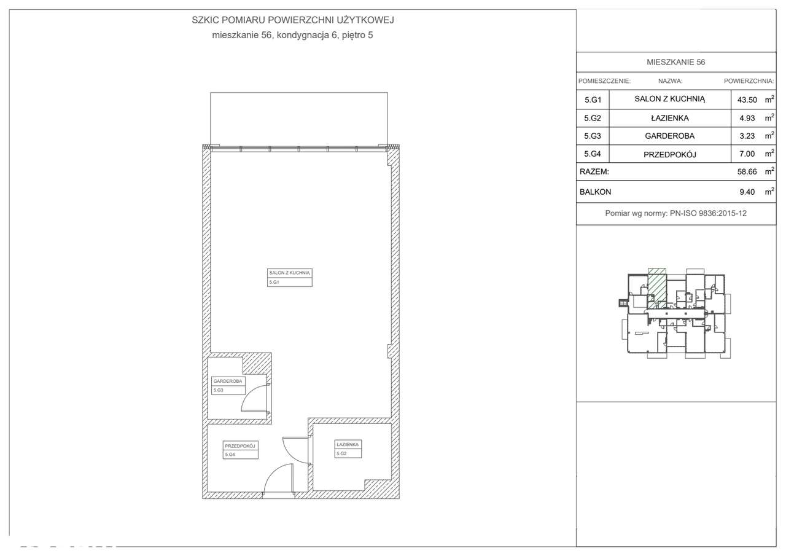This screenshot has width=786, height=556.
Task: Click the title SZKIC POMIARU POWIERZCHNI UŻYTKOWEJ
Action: tap(292, 20)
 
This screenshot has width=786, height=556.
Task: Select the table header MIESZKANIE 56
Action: tap(675, 62)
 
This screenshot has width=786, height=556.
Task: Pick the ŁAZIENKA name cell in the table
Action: tap(669, 117)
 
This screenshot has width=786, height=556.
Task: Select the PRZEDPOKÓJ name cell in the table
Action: tap(669, 154)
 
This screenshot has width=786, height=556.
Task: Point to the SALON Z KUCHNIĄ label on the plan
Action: tap(289, 272)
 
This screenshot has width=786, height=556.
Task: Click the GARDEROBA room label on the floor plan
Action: tap(228, 381)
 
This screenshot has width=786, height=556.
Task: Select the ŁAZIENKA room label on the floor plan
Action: tap(348, 444)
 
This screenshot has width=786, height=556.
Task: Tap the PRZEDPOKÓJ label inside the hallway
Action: tap(240, 446)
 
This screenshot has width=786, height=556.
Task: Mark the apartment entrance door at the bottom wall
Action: tap(278, 480)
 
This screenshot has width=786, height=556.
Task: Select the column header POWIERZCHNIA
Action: tap(749, 80)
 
